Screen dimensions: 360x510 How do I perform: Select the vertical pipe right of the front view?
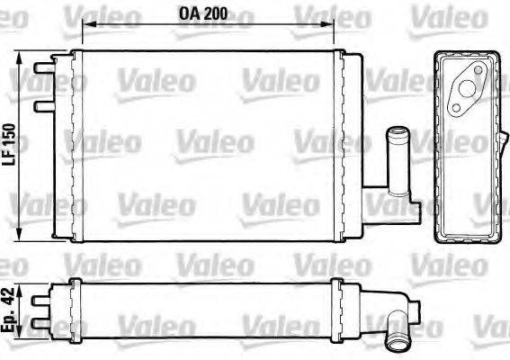396,157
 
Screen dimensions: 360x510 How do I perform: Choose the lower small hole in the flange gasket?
457,110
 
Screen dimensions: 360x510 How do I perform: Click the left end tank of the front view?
62,144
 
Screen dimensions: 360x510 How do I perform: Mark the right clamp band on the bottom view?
336,307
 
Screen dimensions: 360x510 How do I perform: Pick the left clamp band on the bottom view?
74,307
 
